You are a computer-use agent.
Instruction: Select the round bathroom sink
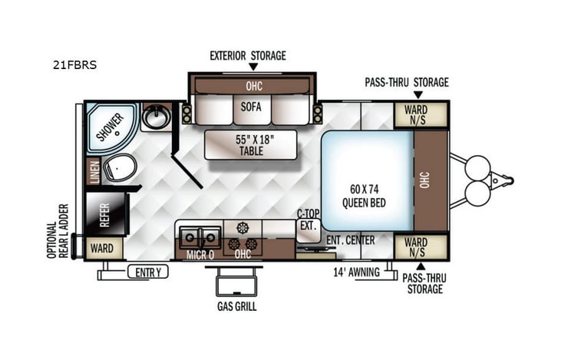(158, 117)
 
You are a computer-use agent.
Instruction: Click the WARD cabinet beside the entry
(101, 249)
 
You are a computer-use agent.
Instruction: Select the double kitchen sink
(199, 236)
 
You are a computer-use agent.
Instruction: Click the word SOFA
(251, 107)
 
